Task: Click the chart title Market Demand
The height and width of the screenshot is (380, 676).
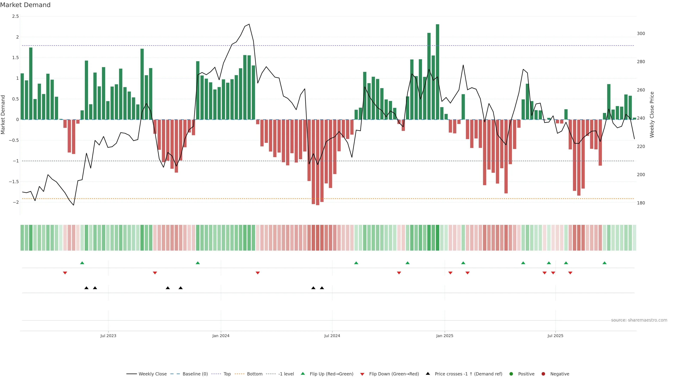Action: [x=25, y=5]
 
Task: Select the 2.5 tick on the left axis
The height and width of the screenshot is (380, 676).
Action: [x=15, y=16]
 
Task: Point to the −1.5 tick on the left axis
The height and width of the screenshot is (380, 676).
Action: [x=14, y=182]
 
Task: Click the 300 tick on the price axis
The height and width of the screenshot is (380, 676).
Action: [x=641, y=34]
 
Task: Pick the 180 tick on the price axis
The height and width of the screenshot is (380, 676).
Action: [x=641, y=203]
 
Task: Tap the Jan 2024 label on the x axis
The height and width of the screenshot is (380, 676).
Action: [x=221, y=336]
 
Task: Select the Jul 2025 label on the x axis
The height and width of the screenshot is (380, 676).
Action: [x=555, y=336]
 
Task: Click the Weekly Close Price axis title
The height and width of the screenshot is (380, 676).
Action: [x=652, y=115]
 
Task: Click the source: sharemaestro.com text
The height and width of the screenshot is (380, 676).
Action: [x=639, y=320]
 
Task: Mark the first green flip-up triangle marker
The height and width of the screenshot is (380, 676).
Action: [x=82, y=263]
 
